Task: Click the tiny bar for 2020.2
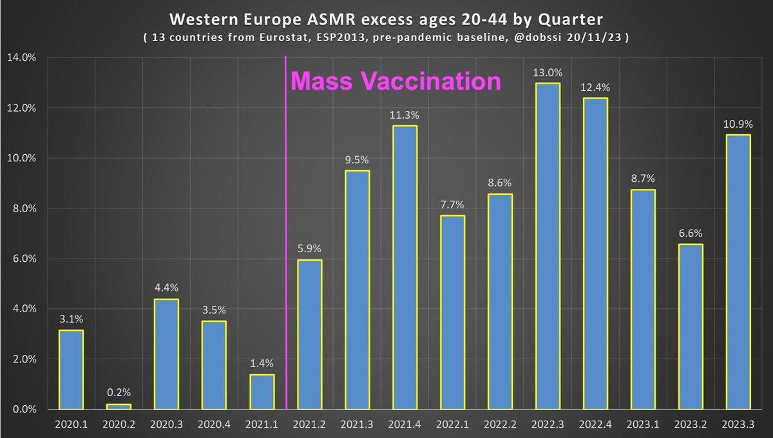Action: tap(119, 406)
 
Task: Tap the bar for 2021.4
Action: tap(405, 268)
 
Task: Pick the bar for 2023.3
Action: tap(738, 272)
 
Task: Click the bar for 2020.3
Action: tap(166, 354)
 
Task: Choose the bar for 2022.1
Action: tap(452, 312)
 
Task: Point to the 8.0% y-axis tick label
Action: tap(23, 208)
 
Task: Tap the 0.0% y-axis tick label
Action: tap(23, 410)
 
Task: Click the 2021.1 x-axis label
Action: tap(262, 425)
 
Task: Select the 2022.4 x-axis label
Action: tap(595, 425)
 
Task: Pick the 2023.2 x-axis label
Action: tap(691, 425)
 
